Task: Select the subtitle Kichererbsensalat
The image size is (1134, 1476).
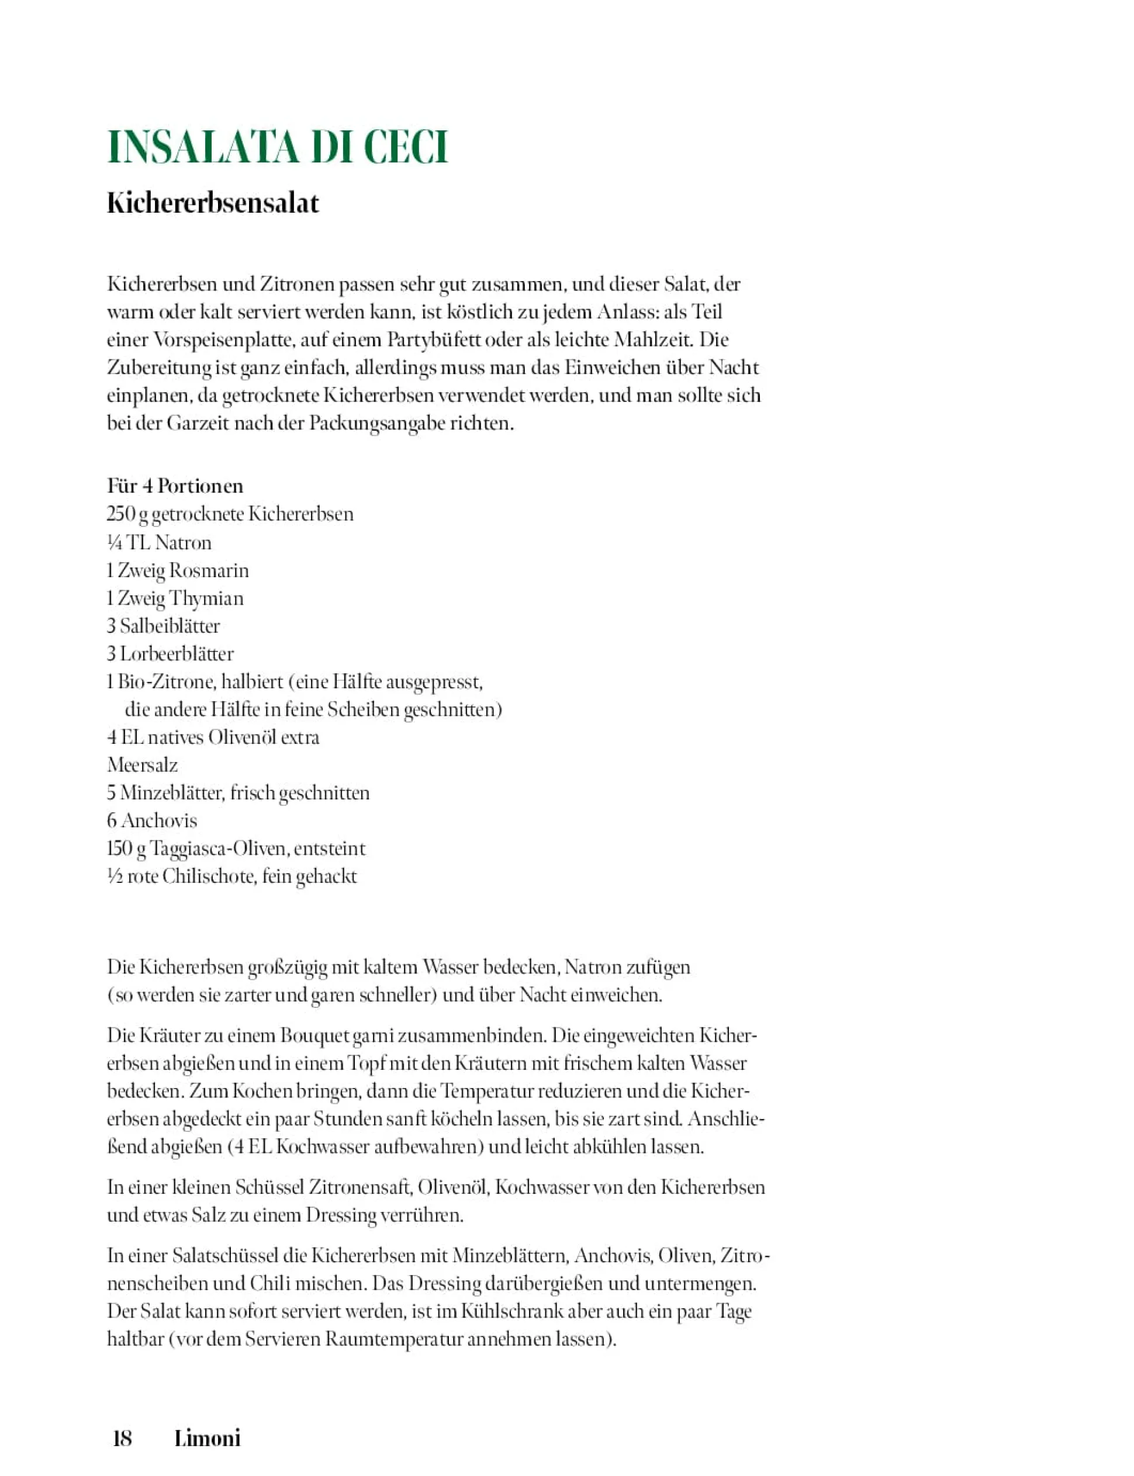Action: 213,203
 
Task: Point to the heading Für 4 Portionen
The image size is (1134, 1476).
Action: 175,486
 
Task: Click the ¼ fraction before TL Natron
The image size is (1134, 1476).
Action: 115,542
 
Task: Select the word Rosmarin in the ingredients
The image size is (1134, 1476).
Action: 209,571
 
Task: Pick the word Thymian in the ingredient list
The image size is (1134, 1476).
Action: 206,598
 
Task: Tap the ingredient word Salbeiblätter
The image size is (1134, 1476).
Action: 170,626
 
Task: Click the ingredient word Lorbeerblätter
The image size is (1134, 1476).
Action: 177,654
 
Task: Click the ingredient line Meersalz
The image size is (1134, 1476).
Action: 143,765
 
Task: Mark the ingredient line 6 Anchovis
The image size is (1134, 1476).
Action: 152,821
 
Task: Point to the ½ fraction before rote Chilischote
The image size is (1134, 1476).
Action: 115,877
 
